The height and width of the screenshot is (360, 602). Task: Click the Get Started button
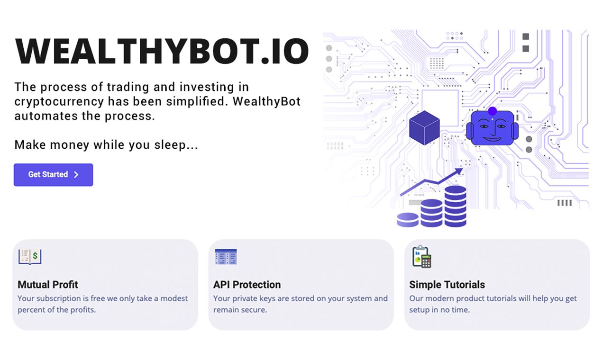point(53,175)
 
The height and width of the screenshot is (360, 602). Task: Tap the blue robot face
point(492,128)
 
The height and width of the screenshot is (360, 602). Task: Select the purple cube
point(424,127)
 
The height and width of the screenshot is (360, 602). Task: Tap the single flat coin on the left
point(408,219)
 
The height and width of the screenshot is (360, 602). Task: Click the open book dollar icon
point(30,256)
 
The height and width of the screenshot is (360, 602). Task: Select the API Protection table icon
point(226,256)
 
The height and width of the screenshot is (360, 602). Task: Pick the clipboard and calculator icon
point(421,256)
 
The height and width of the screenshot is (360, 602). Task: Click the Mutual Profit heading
point(48,285)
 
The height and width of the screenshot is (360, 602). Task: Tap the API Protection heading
point(247,285)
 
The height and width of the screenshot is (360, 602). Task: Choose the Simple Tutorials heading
point(447,285)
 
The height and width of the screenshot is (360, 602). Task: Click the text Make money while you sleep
point(106,145)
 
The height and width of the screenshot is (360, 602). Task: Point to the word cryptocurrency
point(59,101)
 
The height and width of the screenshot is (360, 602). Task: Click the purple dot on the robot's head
point(492,111)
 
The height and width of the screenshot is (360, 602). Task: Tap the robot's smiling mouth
point(492,138)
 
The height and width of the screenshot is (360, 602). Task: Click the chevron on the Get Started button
point(76,175)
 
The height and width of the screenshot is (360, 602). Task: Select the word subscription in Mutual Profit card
point(58,298)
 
